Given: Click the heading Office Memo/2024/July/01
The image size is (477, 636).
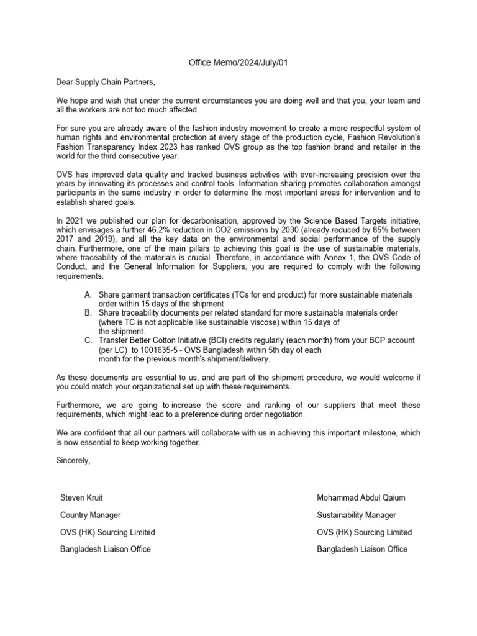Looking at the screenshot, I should (239, 63).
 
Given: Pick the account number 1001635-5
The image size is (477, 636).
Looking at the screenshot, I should (163, 350).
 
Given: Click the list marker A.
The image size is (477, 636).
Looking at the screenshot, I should (88, 294).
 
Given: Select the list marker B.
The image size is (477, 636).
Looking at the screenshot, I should (88, 312).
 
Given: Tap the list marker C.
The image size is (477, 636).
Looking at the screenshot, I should (88, 340).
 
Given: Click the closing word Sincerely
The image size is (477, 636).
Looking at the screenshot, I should (73, 460).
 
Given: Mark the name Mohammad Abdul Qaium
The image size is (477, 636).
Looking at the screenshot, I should (360, 497).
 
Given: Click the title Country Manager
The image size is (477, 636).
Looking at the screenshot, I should (90, 515).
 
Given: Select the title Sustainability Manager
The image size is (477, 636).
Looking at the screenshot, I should (356, 515).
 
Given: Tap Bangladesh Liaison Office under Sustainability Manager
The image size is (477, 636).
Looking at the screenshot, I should (362, 549).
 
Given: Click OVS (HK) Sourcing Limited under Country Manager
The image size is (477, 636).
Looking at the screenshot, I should (107, 532).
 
